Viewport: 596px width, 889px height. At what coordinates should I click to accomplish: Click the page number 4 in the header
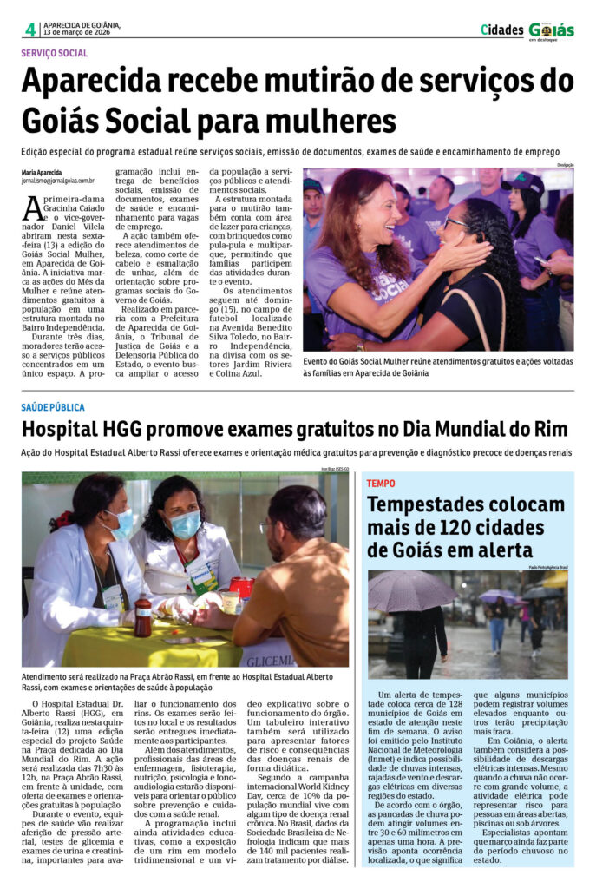point(30,30)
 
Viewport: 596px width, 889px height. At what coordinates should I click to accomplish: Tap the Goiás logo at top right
point(551,30)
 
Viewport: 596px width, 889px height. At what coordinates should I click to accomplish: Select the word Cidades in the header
point(502,30)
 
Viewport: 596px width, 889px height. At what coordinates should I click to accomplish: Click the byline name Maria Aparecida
point(42,172)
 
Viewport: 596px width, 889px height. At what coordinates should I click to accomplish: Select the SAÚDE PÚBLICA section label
point(54,406)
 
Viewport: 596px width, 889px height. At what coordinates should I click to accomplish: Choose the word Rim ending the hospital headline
point(550,430)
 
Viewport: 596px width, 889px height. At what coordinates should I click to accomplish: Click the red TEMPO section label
point(380,483)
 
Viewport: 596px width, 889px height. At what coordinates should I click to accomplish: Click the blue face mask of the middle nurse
point(186,524)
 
